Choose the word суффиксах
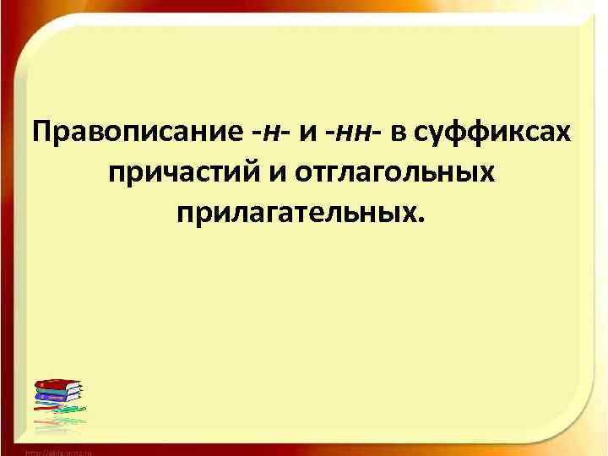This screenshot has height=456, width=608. tap(492, 133)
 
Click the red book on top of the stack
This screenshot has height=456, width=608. tap(58, 385)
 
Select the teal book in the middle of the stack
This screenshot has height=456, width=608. tap(59, 393)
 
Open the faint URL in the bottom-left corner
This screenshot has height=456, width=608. tap(59, 452)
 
